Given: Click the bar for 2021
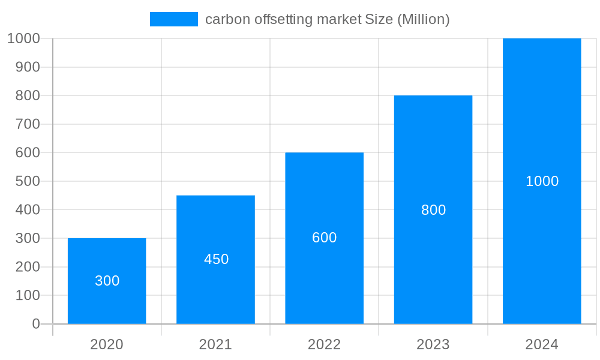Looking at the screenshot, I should pos(215,228).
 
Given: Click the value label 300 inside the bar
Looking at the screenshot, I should pos(107,281).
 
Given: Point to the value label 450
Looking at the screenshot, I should pos(216,259).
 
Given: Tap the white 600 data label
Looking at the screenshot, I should pos(325,238).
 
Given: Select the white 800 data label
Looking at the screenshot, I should pos(433,210).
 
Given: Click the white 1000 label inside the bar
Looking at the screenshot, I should pos(542,181).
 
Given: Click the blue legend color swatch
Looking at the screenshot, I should pos(173,19).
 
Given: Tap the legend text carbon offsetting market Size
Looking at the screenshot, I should pos(327,19).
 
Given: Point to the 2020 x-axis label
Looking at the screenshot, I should pos(107,344).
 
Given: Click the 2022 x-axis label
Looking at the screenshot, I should pos(324,344).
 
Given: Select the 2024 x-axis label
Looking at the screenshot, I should pos(542,344).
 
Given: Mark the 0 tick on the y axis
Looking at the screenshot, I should pos(35,324).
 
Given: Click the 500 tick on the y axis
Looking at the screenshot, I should pos(28,181).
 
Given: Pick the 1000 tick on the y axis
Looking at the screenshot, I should pos(24,38).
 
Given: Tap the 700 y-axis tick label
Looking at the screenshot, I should pos(28,124).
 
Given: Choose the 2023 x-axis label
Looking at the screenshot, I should pos(433,344).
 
